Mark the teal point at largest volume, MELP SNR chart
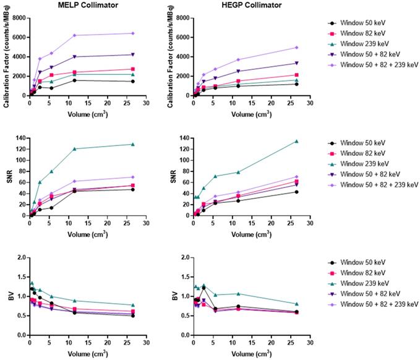coord(133,144)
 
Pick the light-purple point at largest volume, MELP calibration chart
coord(133,33)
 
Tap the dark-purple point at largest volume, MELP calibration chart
coord(133,54)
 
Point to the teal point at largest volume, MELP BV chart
coord(133,305)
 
